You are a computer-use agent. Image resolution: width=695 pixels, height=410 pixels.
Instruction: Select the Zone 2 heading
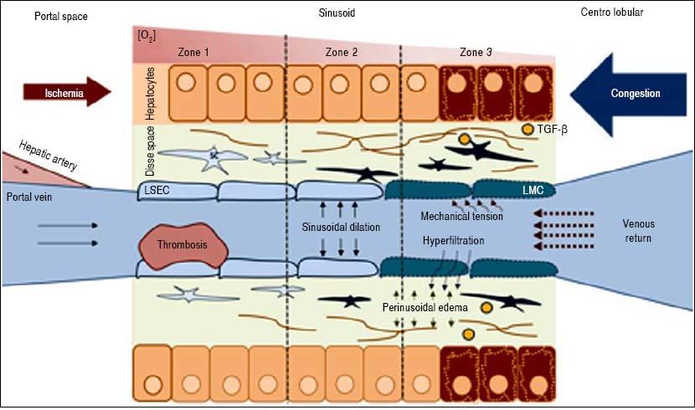point(342,53)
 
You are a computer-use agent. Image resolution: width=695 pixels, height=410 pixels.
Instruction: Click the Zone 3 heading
point(476,53)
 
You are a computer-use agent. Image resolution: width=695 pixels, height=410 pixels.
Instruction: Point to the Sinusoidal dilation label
point(340,227)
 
